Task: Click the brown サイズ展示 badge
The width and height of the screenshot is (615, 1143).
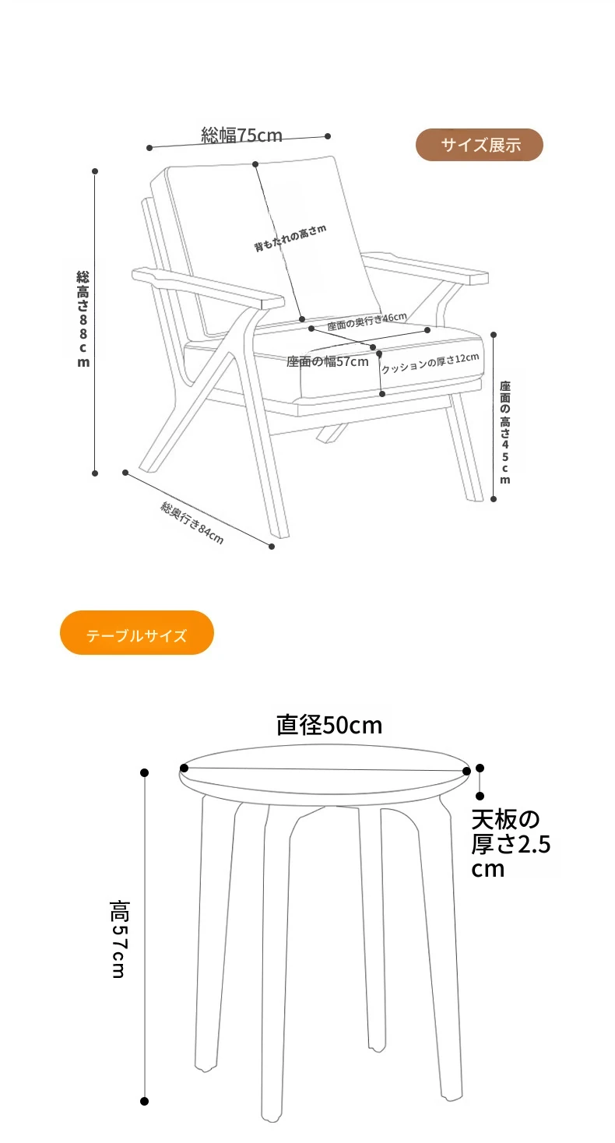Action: [x=480, y=145]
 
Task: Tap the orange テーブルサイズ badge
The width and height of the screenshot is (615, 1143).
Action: [x=137, y=633]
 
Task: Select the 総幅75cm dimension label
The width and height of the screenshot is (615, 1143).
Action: [x=241, y=135]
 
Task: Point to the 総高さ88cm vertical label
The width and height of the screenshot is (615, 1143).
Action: [x=83, y=319]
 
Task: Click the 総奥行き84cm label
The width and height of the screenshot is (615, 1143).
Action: [x=192, y=522]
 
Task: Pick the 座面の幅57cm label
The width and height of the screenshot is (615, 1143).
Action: [x=327, y=362]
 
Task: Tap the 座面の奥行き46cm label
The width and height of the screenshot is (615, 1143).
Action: [x=367, y=321]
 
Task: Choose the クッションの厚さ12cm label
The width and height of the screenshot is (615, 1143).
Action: [x=430, y=363]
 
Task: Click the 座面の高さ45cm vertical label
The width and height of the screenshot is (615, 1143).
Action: [x=504, y=431]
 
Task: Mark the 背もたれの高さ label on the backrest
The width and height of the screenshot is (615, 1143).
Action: [x=290, y=237]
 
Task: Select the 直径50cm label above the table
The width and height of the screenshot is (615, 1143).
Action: [x=329, y=725]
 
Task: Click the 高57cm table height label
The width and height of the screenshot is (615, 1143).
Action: [x=119, y=939]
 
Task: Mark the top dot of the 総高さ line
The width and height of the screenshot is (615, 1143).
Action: [x=95, y=171]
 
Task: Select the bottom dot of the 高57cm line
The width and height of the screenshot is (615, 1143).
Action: [x=145, y=1101]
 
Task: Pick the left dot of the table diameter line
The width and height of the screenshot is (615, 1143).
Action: [x=184, y=768]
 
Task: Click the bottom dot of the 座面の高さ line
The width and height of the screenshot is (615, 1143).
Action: [x=494, y=499]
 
